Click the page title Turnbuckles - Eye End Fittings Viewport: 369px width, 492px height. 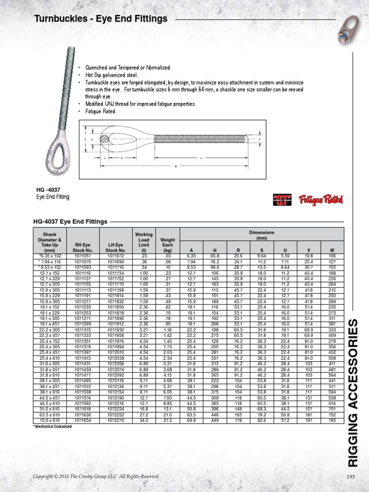click(101, 19)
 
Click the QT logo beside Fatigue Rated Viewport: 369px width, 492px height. click(283, 199)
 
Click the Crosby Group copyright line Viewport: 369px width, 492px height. click(95, 476)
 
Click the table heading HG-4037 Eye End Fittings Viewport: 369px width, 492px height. click(70, 221)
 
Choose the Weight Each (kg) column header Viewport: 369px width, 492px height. click(168, 242)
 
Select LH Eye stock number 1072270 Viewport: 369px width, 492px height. click(115, 420)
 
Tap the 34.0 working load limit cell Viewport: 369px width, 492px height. click(144, 420)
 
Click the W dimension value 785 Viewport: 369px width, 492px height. click(332, 420)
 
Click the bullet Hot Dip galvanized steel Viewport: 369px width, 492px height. click(111, 75)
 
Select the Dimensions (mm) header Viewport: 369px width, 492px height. click(261, 235)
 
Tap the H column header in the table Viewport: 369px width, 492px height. click(215, 250)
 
